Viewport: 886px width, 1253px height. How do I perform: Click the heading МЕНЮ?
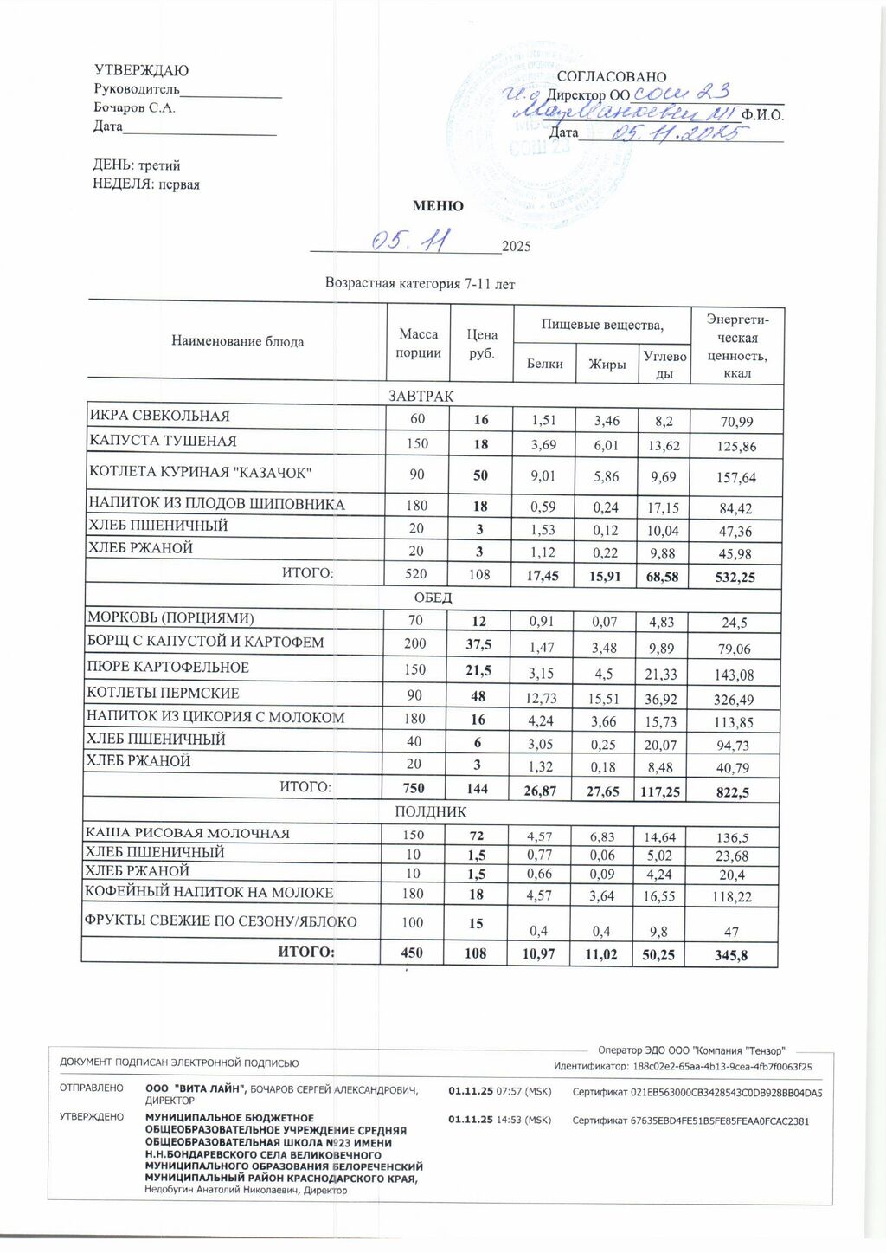coord(438,206)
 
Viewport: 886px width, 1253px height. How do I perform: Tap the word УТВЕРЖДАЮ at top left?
coord(140,70)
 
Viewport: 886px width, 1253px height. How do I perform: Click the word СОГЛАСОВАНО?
coord(611,77)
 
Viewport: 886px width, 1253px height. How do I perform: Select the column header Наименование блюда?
coord(237,341)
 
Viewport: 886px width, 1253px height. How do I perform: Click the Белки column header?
coord(545,364)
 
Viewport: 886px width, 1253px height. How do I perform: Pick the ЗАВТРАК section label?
coord(421,396)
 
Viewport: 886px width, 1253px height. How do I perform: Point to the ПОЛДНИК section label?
coord(430,812)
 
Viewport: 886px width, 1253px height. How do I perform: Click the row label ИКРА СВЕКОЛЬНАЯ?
coord(159,417)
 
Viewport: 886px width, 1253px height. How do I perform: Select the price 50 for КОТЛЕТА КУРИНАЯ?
coord(480,475)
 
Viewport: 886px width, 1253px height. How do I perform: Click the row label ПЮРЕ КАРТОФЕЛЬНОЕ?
coord(168,668)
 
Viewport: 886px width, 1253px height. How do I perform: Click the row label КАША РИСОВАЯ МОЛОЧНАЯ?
coord(187,833)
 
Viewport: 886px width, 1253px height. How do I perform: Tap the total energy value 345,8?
coord(731,956)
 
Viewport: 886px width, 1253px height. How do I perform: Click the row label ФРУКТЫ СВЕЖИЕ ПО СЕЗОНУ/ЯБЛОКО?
coord(220,921)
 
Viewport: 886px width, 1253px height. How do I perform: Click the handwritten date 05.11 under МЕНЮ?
coord(407,241)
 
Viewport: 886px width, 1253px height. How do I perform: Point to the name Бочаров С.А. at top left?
coord(134,108)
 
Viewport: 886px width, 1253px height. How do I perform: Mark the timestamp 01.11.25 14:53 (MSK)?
coord(499,1121)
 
